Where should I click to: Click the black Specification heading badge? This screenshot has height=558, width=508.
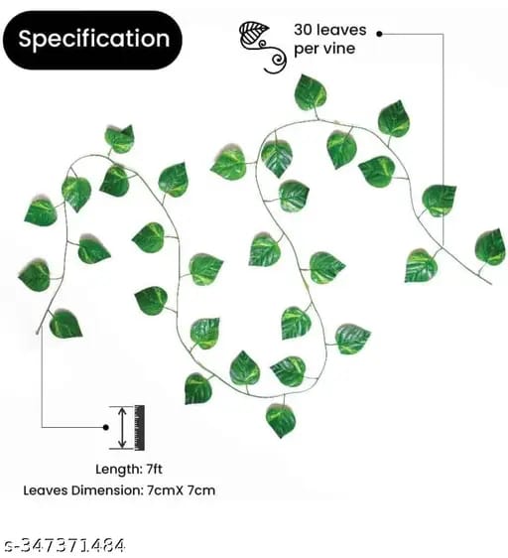92,40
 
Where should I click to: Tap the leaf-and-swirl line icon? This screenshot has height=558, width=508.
263,47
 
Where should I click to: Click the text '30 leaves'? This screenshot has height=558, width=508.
330,30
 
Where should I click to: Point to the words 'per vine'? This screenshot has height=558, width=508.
324,49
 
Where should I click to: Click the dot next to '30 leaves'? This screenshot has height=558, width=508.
380,34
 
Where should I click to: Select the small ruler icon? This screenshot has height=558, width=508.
139,428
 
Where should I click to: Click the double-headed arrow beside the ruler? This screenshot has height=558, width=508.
122,428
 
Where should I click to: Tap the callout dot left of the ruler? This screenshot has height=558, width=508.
105,427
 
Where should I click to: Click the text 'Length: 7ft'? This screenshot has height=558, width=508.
129,469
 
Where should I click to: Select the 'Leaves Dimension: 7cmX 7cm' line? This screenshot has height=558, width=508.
119,490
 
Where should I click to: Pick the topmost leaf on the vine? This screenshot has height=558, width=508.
311,91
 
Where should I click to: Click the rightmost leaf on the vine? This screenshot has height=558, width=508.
490,247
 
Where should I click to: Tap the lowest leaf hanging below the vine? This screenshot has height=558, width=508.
281,421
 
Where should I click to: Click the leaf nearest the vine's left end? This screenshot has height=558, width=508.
65,324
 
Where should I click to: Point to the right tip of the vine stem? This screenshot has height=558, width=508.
491,284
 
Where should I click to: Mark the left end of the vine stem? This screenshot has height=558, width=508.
38,333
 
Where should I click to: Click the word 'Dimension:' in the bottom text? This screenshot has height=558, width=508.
107,490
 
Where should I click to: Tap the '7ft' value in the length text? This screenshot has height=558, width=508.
155,469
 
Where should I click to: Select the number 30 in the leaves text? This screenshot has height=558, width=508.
303,30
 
